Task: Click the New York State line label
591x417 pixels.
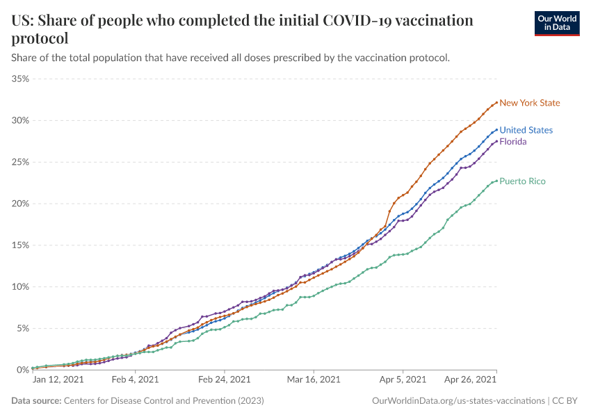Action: click(529, 103)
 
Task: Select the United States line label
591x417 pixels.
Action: click(526, 130)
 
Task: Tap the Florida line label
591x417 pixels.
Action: click(513, 142)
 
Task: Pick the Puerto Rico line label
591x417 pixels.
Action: click(522, 181)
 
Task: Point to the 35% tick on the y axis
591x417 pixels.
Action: click(20, 79)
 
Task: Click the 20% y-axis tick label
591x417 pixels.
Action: click(20, 204)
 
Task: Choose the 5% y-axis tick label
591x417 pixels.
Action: click(22, 328)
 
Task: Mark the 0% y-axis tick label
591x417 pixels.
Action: click(22, 370)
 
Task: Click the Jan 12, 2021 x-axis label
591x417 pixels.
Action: click(58, 380)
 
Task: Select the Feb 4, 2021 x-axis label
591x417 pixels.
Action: click(136, 380)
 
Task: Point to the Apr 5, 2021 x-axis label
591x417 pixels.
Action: click(403, 380)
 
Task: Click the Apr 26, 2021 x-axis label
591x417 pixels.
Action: click(471, 380)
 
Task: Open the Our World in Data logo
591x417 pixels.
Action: click(556, 23)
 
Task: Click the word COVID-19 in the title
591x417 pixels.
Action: click(360, 20)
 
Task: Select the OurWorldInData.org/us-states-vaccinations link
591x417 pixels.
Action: click(458, 401)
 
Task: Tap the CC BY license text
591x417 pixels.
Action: click(567, 401)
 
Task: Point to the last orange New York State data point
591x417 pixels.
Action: click(496, 102)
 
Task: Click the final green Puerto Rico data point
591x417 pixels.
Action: click(496, 181)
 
